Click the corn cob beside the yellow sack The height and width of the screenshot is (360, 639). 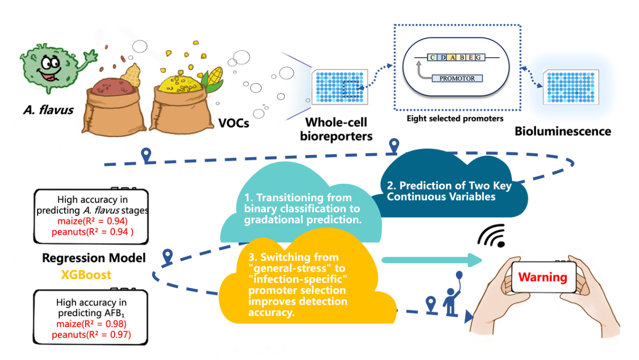click(x=213, y=77)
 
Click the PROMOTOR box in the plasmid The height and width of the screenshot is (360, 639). click(x=454, y=78)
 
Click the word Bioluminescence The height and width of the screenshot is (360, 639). click(x=562, y=131)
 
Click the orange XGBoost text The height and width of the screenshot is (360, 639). click(x=86, y=274)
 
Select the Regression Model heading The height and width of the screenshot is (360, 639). click(x=93, y=258)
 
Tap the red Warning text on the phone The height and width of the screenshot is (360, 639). click(x=542, y=277)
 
